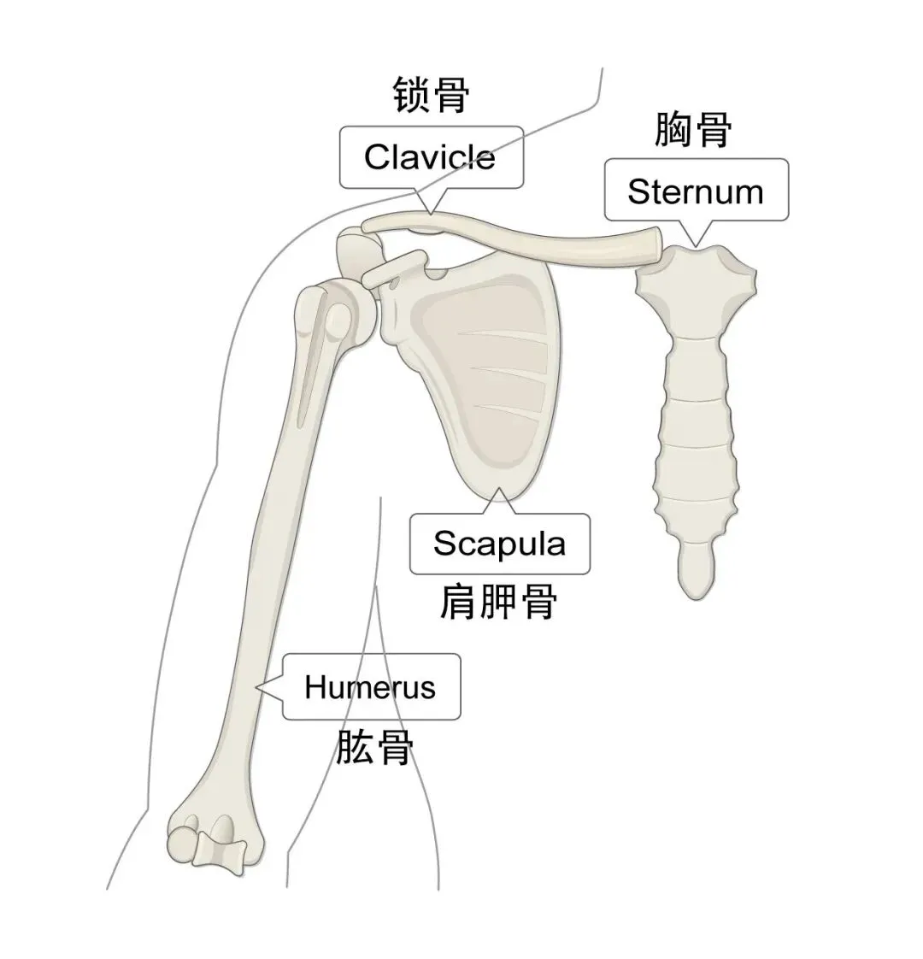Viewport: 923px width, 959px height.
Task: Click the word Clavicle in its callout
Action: [x=429, y=157]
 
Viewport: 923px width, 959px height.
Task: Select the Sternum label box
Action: [x=696, y=190]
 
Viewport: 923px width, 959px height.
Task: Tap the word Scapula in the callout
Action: [x=499, y=544]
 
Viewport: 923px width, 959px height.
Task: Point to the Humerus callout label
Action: [x=371, y=687]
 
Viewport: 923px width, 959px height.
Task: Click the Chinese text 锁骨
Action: [x=431, y=95]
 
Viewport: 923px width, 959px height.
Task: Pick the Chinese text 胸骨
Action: [x=693, y=129]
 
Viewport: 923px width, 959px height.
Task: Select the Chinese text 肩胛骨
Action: [x=498, y=601]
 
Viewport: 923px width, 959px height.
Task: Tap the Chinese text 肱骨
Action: [x=375, y=747]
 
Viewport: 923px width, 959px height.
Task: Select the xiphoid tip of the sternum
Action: [x=697, y=572]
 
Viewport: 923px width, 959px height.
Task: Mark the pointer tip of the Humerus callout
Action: [x=256, y=689]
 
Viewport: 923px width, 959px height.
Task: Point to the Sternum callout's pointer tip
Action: [x=696, y=246]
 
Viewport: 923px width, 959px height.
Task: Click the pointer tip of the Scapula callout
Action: [x=498, y=489]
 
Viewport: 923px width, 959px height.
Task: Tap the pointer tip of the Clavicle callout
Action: [x=431, y=214]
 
